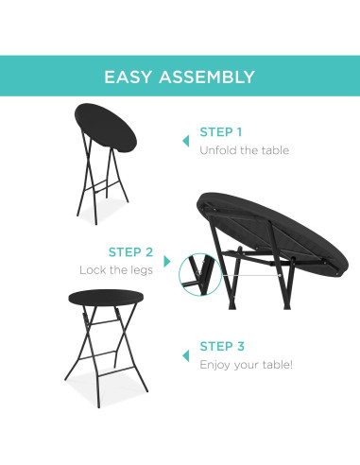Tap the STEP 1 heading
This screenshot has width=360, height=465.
(220, 132)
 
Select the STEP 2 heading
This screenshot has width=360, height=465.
(130, 252)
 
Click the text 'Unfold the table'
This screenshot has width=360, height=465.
(244, 150)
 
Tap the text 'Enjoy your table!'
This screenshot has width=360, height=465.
(246, 364)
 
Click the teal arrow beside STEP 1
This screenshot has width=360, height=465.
(184, 141)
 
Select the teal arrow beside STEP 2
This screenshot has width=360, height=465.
(167, 261)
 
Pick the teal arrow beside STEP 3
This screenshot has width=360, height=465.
(184, 354)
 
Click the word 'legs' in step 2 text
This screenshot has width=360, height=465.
(140, 270)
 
